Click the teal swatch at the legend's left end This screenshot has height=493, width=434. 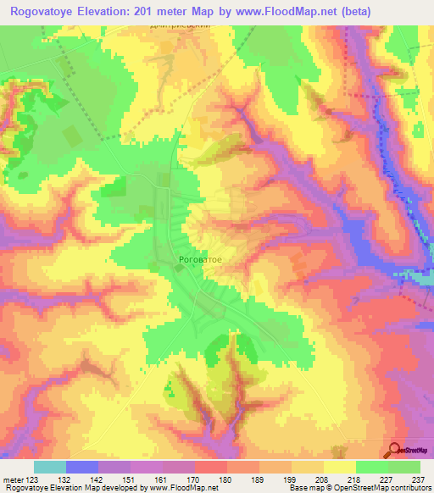50,467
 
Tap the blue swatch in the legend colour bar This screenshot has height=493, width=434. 82,467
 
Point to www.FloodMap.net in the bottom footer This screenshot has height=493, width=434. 181,488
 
